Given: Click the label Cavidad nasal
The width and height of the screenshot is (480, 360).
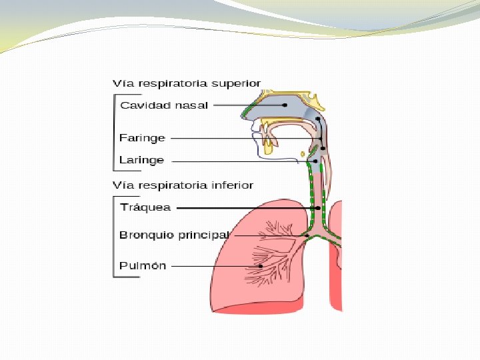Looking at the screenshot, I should [x=164, y=105].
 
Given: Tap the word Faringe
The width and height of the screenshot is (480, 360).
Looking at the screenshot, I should [x=142, y=138].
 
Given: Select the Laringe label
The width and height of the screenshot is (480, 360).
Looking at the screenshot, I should [x=141, y=160].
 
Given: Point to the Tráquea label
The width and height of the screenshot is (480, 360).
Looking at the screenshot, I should [x=145, y=207].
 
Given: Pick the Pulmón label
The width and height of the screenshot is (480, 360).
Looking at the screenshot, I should [x=143, y=265].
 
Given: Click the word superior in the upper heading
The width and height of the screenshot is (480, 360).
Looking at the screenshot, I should [x=236, y=83].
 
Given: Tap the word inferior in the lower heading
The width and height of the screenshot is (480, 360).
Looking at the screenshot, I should [x=232, y=185].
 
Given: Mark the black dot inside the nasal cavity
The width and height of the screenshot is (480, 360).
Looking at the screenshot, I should [x=285, y=105].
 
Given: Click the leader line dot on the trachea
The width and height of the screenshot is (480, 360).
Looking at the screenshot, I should [x=318, y=208].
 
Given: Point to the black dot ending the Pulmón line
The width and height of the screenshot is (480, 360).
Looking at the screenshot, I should [x=261, y=267].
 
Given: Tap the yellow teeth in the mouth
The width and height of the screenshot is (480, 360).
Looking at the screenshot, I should [x=269, y=144].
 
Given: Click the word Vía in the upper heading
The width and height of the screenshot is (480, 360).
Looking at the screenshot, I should [x=121, y=83].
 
